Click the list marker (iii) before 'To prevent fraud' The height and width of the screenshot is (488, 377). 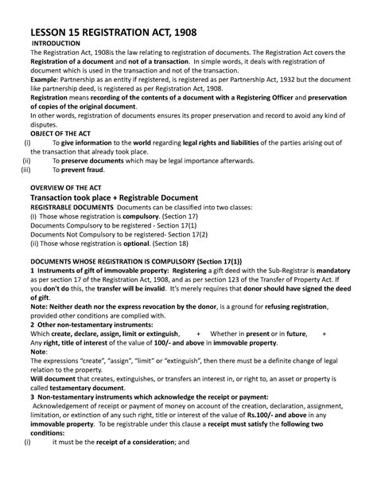click(26, 170)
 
